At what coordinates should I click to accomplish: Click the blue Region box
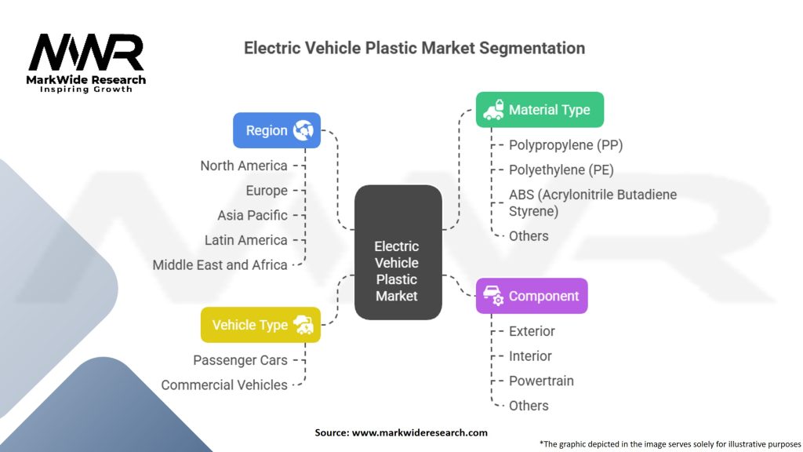[x=277, y=130]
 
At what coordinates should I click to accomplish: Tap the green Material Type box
[x=540, y=110]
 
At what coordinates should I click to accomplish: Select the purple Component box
[x=532, y=296]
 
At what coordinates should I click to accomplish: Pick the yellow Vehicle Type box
[x=260, y=325]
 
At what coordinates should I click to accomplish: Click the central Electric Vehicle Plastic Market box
[x=398, y=252]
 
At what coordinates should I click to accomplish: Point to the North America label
[x=244, y=166]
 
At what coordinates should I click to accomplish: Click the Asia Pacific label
[x=252, y=215]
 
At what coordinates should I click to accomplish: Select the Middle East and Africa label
[x=220, y=265]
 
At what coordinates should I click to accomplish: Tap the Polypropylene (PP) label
[x=566, y=145]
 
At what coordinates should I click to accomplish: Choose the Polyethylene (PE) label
[x=561, y=169]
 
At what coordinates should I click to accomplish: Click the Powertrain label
[x=541, y=381]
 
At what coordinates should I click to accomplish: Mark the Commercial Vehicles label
[x=224, y=385]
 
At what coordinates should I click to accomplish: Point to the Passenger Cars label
[x=240, y=360]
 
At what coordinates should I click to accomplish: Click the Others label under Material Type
[x=529, y=236]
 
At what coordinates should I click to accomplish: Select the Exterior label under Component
[x=532, y=331]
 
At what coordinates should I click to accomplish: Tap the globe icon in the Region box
[x=303, y=130]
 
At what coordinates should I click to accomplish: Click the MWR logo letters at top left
[x=86, y=53]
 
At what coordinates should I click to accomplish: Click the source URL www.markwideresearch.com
[x=420, y=432]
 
